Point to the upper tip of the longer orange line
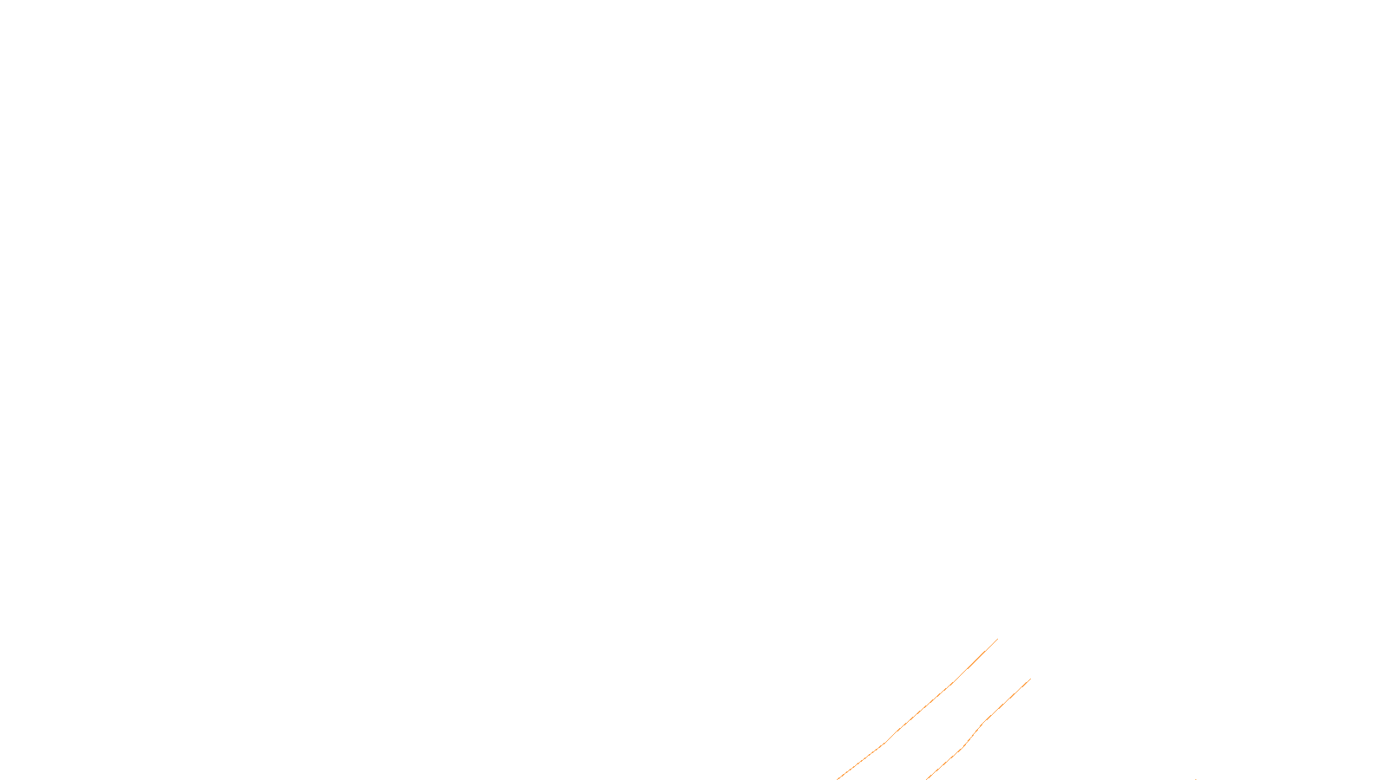pyautogui.click(x=997, y=640)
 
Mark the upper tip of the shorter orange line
pyautogui.click(x=1030, y=679)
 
